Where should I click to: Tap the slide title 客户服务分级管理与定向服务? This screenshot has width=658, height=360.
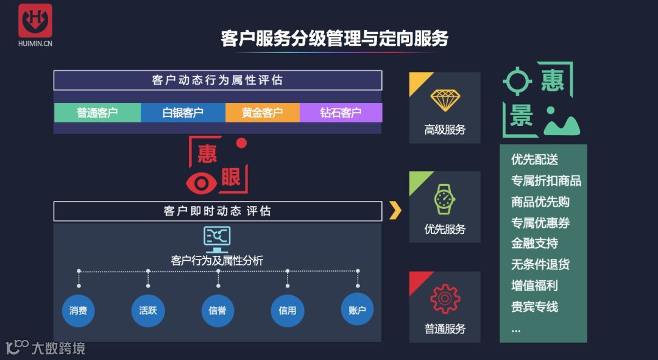coord(334,38)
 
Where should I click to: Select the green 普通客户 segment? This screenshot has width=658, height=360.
coord(97,113)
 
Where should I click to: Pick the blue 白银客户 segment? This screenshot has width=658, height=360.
coord(183,113)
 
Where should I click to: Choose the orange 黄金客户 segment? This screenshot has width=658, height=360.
coord(263,113)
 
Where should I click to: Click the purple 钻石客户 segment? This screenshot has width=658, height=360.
coord(341,113)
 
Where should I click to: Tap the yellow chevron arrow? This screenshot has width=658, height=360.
coord(395,210)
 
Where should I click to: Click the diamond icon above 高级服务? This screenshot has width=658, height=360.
coord(445,99)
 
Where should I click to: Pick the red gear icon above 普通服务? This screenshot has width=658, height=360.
coord(445,298)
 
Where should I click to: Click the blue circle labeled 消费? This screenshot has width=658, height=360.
coord(79,310)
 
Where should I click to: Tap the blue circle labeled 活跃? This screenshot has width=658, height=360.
coord(148,310)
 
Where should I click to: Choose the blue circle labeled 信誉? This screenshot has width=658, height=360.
coord(218,310)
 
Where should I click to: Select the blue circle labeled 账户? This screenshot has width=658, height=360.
coord(357,310)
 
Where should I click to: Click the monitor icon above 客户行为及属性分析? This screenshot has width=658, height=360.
coord(217,238)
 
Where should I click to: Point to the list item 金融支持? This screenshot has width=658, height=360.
coord(534,244)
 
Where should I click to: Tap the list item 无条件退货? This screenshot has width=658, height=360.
coord(540,265)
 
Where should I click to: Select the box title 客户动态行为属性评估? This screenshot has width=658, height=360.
coord(218,80)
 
